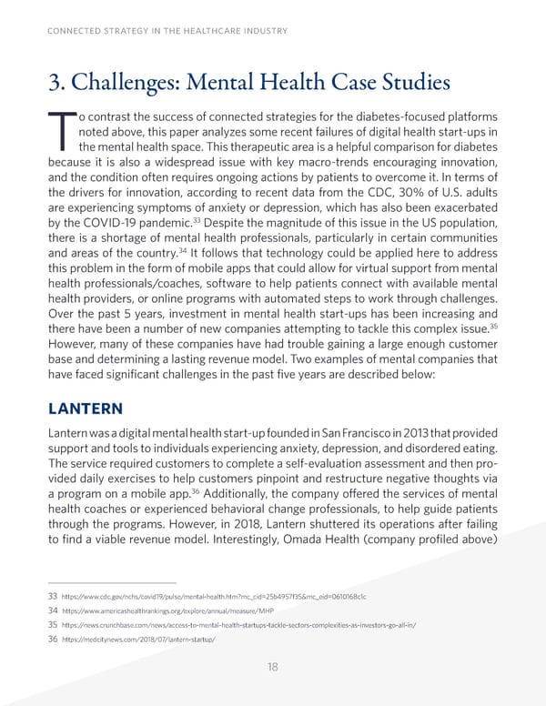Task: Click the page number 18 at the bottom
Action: tap(273, 666)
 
